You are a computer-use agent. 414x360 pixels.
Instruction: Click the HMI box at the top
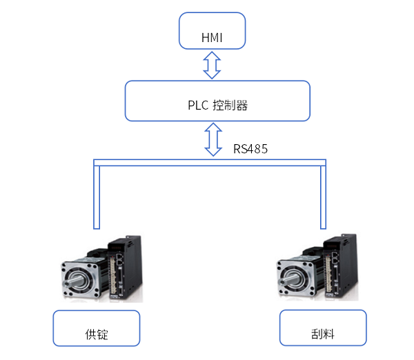click(213, 30)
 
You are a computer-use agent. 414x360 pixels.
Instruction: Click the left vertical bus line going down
click(96, 197)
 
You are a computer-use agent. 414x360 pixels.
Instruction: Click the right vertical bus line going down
click(322, 197)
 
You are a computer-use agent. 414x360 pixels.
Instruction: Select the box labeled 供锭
click(97, 328)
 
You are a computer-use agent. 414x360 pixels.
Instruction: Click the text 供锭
click(97, 337)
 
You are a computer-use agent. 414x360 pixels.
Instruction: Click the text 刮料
click(321, 337)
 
